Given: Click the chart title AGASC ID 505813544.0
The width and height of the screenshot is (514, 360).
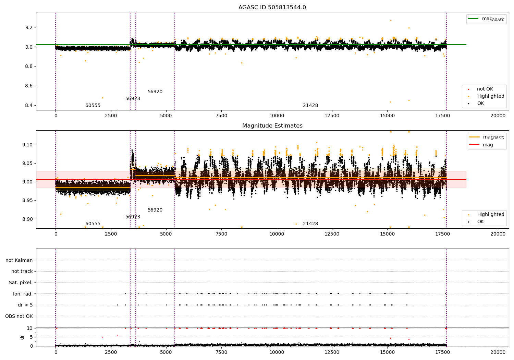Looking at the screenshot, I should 272,8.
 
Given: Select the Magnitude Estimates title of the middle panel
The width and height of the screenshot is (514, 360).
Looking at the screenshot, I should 272,126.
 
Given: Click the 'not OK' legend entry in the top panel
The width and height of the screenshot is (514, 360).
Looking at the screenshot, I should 485,89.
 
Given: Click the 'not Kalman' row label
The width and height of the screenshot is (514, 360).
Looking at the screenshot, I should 19,260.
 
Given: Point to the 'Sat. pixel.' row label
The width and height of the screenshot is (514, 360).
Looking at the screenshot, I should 21,283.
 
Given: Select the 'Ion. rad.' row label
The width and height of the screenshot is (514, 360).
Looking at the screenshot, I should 23,294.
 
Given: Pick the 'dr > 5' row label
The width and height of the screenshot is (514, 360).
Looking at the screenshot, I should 25,305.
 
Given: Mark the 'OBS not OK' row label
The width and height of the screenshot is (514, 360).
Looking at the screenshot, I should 19,316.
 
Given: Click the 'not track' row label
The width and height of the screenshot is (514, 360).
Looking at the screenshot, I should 22,271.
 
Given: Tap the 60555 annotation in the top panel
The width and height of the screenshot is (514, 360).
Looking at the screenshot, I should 93,105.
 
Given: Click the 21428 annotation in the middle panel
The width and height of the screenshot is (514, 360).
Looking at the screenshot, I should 310,224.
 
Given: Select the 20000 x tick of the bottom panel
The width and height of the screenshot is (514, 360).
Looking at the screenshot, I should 498,352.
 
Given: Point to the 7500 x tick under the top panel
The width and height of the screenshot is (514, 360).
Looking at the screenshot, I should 221,116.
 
